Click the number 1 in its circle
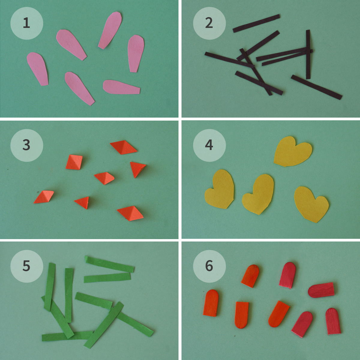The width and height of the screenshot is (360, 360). pyautogui.click(x=26, y=23)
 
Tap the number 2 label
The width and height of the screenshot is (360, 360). pyautogui.click(x=209, y=23)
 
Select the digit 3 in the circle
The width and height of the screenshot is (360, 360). pyautogui.click(x=26, y=145)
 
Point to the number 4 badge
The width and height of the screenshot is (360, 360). pyautogui.click(x=209, y=145)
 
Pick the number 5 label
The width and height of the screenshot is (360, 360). pyautogui.click(x=26, y=266)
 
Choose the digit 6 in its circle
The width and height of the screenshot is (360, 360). pyautogui.click(x=209, y=266)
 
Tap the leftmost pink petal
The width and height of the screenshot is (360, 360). pyautogui.click(x=38, y=69)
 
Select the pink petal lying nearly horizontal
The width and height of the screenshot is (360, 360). pyautogui.click(x=121, y=87)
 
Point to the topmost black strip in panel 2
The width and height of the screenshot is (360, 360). pyautogui.click(x=256, y=23)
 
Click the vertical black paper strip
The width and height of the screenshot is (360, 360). pyautogui.click(x=308, y=54)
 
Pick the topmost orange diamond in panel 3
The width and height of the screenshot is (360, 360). pyautogui.click(x=124, y=147)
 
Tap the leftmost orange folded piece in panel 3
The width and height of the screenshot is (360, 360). pyautogui.click(x=44, y=197)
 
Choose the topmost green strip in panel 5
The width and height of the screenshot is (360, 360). pyautogui.click(x=109, y=264)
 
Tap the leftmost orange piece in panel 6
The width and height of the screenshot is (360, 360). pyautogui.click(x=211, y=303)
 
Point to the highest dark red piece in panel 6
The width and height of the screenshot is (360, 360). pyautogui.click(x=288, y=275)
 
